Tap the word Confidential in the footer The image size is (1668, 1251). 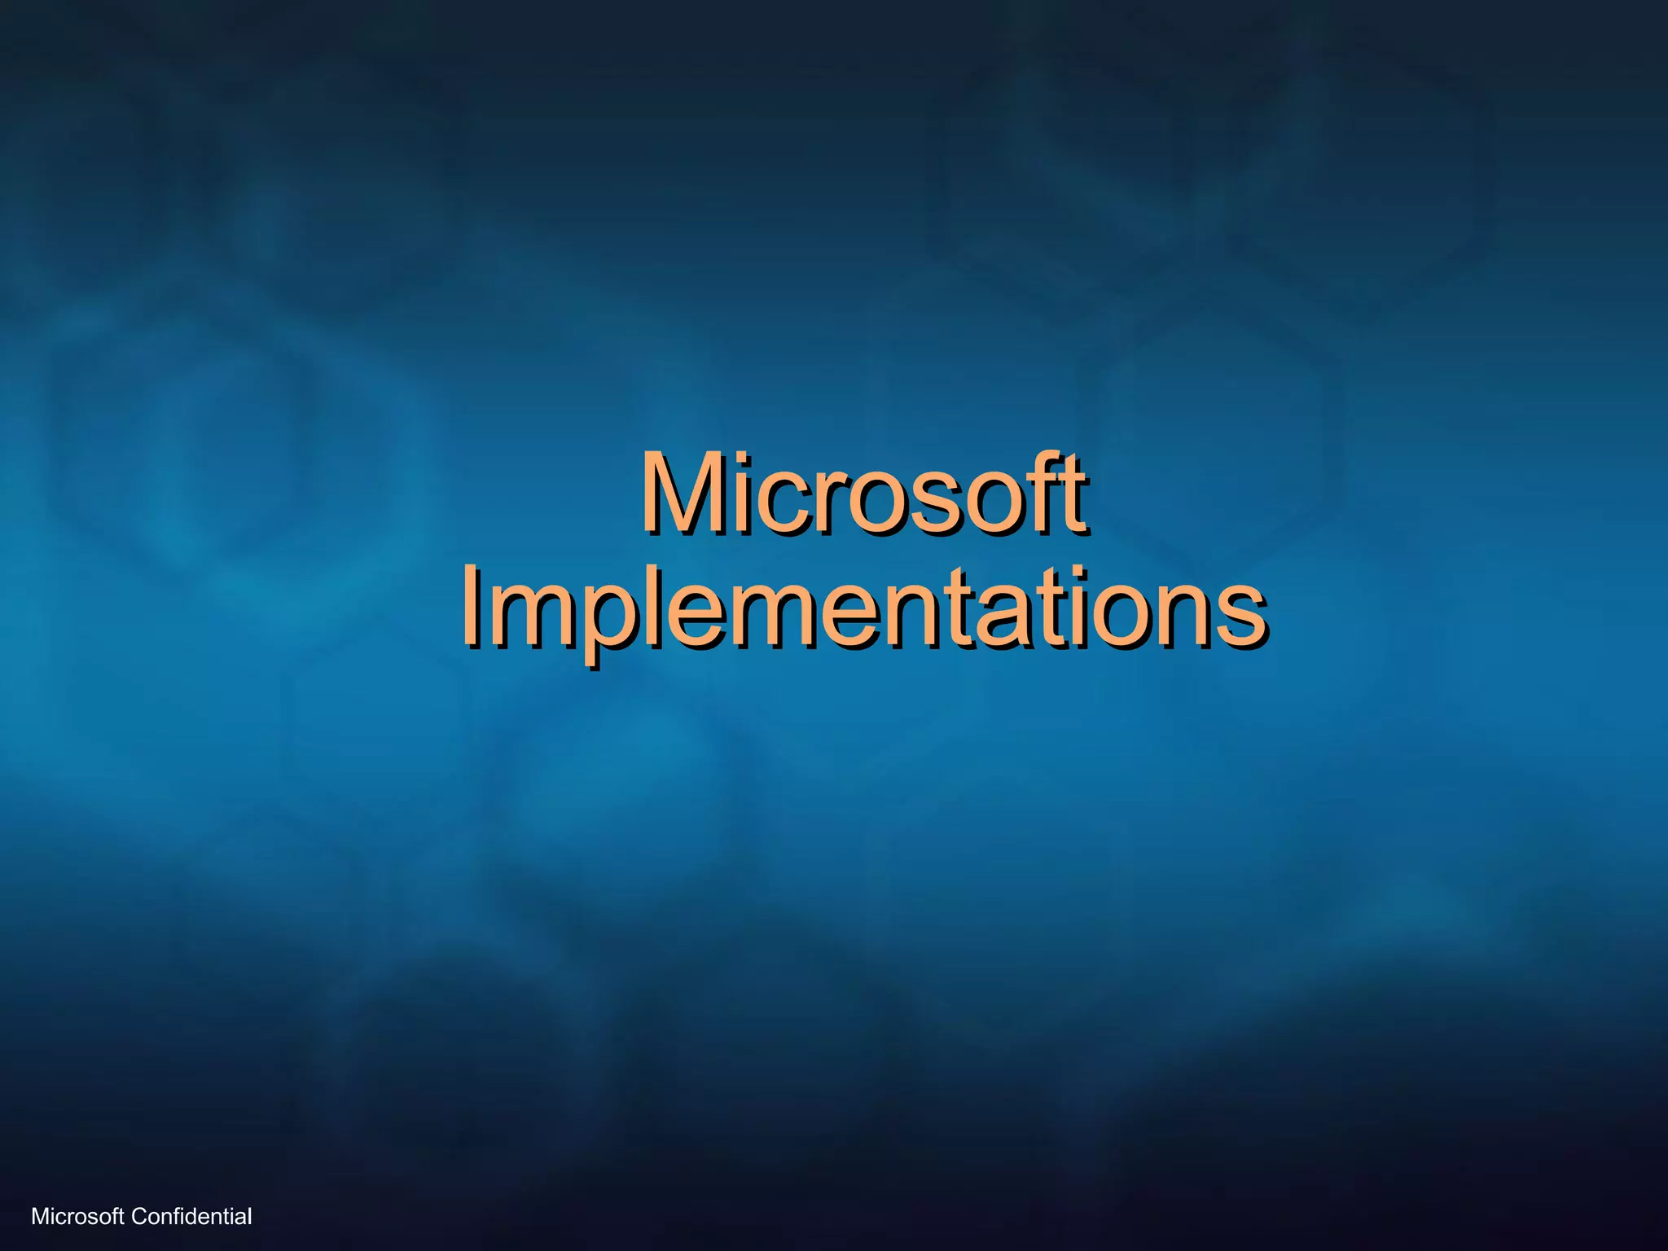point(191,1217)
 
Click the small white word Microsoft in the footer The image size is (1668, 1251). point(77,1217)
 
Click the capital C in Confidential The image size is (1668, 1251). point(138,1217)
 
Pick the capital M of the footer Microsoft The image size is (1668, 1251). point(38,1217)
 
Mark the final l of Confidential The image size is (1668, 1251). point(249,1217)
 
